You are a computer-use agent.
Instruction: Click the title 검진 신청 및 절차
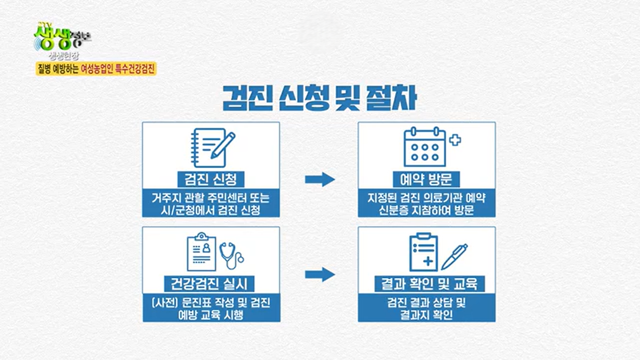[x=319, y=98]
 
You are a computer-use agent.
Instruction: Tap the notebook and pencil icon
[x=212, y=148]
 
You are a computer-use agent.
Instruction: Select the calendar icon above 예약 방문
[x=425, y=147]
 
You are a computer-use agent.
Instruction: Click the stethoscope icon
[x=231, y=255]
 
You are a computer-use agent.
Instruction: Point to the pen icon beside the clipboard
[x=454, y=257]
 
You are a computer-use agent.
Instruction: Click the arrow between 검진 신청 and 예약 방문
[x=319, y=179]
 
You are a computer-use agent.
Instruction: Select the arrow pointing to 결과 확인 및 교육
[x=319, y=275]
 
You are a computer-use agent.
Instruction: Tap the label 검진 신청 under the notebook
[x=210, y=179]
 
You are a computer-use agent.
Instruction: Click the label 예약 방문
[x=426, y=179]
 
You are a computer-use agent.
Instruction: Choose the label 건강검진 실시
[x=209, y=284]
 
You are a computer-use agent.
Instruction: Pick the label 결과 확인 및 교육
[x=429, y=284]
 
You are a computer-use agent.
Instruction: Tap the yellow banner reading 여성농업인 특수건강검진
[x=96, y=69]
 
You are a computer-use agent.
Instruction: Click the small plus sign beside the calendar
[x=455, y=140]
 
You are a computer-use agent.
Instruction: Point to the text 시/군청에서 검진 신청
[x=210, y=211]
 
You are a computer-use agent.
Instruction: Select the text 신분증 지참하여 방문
[x=426, y=211]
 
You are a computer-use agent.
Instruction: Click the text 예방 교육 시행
[x=210, y=315]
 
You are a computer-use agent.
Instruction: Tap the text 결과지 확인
[x=426, y=315]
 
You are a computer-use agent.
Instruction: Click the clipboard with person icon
[x=201, y=253]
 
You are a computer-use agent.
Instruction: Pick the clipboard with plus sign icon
[x=423, y=253]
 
